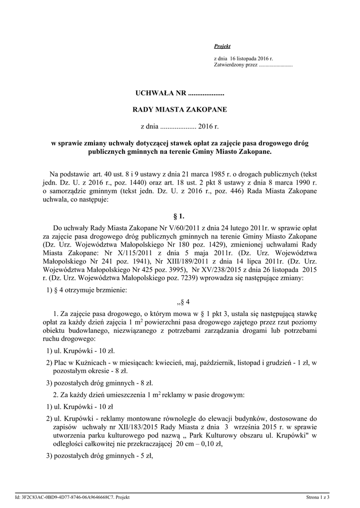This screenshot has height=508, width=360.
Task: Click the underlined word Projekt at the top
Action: point(222,46)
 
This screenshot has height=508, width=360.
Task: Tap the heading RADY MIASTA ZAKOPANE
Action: point(180,110)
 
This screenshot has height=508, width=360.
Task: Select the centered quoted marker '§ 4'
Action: point(180,302)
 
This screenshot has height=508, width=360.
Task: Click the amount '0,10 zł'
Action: point(211,444)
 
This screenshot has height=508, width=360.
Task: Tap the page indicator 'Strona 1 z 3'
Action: point(318,497)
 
